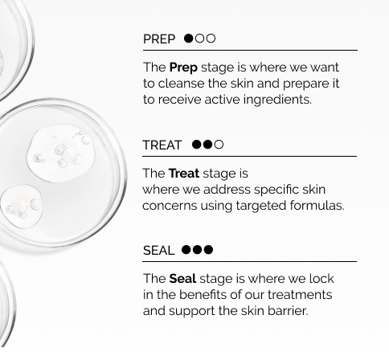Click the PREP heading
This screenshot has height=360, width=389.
point(159,39)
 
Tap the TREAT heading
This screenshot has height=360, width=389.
point(162,145)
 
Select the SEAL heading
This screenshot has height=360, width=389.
point(158,251)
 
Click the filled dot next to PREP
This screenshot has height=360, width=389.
point(189,39)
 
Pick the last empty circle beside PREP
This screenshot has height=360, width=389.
point(211,39)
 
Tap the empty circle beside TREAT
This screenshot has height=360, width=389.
point(219,145)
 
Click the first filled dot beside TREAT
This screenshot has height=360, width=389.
point(197,145)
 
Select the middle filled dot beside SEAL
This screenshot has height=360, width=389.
point(197,250)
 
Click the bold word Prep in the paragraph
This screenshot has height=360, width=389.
point(183,67)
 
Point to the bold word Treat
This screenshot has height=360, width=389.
point(184,174)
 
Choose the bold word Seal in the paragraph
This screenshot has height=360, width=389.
point(182,279)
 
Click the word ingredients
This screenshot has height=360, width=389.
point(277,100)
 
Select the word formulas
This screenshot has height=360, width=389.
point(317,206)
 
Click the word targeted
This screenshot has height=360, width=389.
point(261,207)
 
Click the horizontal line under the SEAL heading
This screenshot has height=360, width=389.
point(250,261)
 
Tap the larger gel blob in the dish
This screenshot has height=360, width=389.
point(61,153)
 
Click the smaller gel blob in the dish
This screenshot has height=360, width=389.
point(22,207)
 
